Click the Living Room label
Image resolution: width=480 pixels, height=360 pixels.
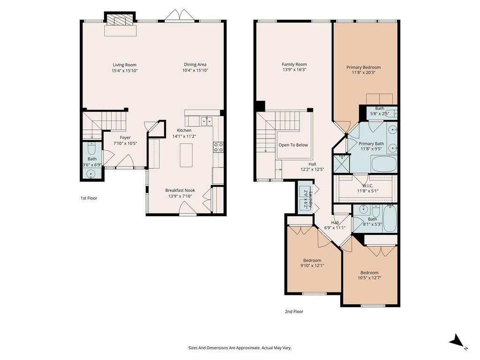point(125,65)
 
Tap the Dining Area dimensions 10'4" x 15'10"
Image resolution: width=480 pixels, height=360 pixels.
point(195,70)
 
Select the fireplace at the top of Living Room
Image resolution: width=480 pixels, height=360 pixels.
point(120,21)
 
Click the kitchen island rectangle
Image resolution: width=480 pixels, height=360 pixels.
point(186,155)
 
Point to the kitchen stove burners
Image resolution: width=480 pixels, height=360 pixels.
point(218,147)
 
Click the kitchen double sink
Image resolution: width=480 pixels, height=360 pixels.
point(207,121)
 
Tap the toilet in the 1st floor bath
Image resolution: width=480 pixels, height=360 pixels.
point(92,149)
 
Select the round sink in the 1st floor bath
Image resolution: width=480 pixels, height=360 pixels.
point(91,174)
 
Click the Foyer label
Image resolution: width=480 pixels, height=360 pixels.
point(125,138)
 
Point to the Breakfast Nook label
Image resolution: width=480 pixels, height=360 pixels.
point(180,190)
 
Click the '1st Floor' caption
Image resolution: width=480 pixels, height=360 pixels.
point(89,198)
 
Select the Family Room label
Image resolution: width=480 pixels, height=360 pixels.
point(294,64)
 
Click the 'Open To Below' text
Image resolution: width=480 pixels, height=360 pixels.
point(293,145)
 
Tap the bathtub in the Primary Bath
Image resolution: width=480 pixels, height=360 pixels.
point(384,164)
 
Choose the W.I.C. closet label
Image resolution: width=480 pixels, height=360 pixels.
point(368,186)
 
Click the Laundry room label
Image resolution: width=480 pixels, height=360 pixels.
point(311,200)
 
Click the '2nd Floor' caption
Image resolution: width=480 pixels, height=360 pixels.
point(294,312)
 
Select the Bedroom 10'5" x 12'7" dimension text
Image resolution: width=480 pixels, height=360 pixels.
point(369,278)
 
